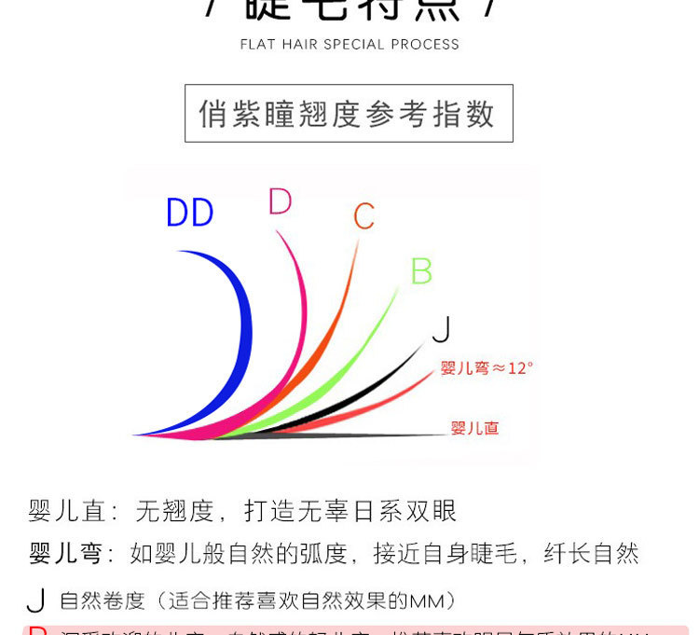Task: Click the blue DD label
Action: coord(190,214)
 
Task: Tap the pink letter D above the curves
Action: coord(280,201)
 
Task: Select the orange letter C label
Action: coord(363,217)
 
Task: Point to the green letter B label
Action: coord(421,271)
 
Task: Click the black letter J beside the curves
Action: coord(443,329)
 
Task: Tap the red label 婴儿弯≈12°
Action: coord(487,368)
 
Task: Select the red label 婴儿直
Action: coord(474,428)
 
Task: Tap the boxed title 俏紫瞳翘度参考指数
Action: coord(349,114)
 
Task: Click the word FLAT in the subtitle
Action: coord(257,45)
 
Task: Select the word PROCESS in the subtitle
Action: coord(425,45)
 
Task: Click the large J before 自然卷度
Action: coord(36,600)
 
